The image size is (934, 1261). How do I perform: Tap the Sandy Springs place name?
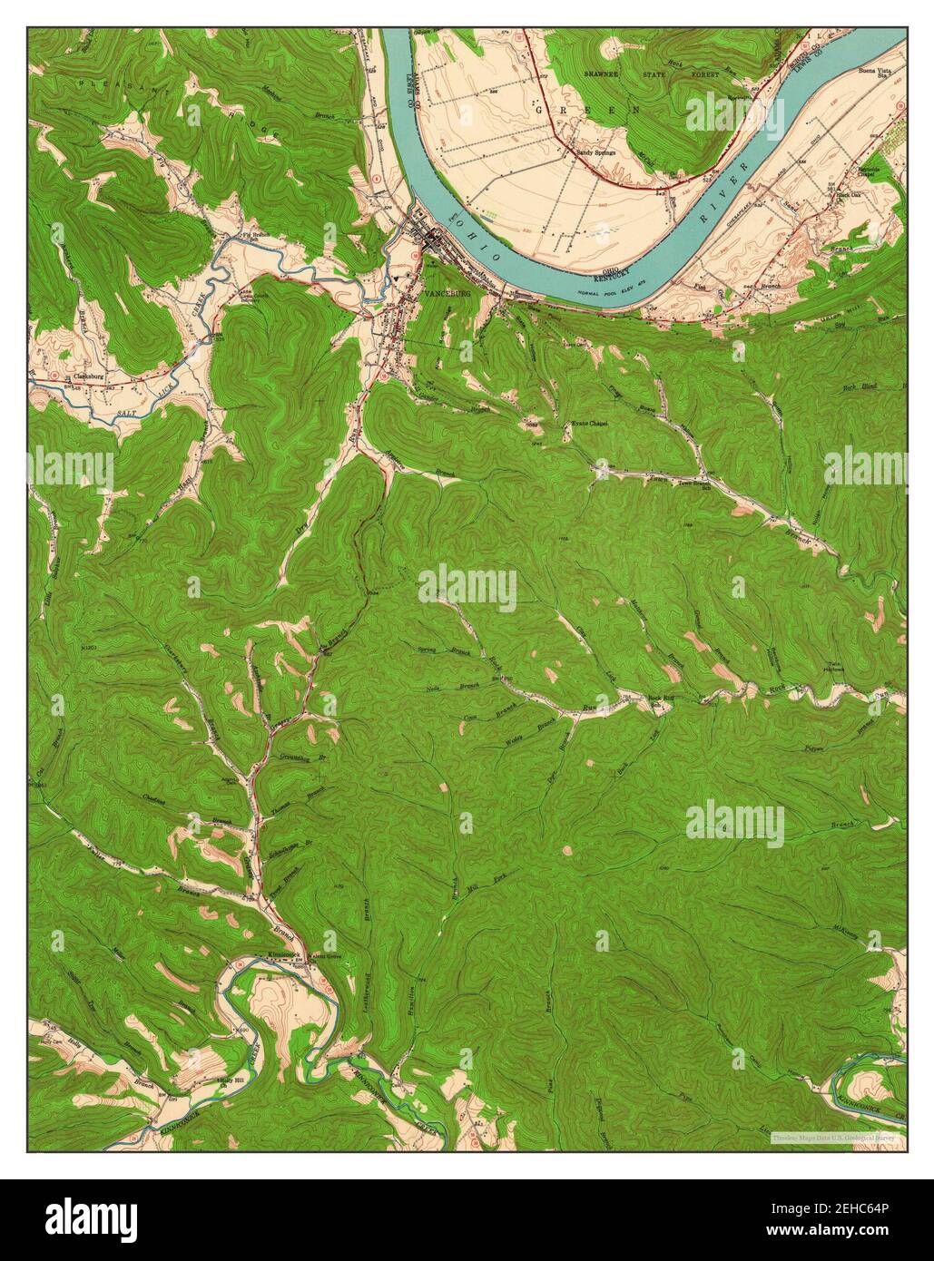click(596, 152)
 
